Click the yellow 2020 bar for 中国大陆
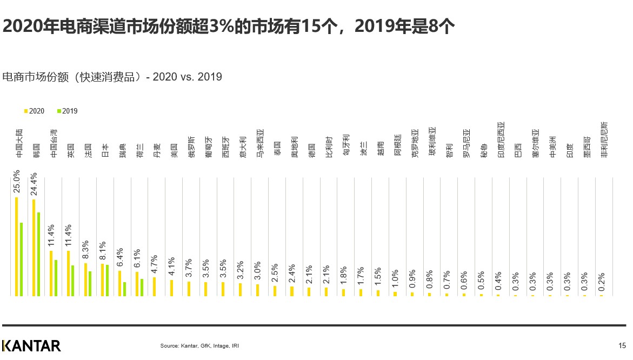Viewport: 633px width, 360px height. click(17, 246)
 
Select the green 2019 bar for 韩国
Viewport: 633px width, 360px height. click(38, 254)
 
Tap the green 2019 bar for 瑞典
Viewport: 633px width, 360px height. click(124, 289)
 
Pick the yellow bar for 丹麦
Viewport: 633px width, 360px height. click(155, 286)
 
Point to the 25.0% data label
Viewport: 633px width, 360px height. click(17, 181)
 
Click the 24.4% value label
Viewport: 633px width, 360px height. click(34, 184)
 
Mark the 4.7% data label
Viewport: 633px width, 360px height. click(155, 265)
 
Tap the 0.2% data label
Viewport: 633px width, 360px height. click(602, 283)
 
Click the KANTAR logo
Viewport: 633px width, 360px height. click(31, 345)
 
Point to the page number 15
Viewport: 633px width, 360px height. click(622, 345)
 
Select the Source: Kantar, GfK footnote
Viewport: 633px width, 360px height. click(199, 345)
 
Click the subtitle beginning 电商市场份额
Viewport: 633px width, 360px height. click(112, 77)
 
